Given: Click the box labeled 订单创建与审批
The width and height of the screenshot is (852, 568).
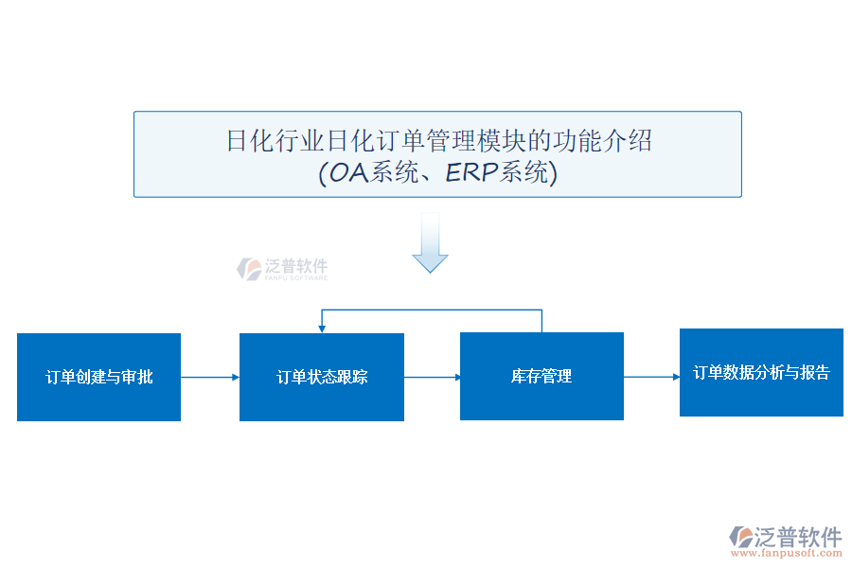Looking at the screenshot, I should click(x=98, y=377).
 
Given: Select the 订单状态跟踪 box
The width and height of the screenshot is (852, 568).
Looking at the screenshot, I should click(x=322, y=377).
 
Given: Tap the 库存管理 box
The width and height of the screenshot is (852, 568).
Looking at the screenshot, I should click(x=541, y=376).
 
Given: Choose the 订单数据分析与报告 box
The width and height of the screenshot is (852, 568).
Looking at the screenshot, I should click(x=761, y=372).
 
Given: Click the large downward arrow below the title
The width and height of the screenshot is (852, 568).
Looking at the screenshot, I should click(x=430, y=243).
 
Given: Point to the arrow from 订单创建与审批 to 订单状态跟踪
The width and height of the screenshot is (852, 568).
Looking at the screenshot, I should click(x=209, y=377).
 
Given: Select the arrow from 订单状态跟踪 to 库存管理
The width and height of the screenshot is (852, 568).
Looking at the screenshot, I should click(x=432, y=377).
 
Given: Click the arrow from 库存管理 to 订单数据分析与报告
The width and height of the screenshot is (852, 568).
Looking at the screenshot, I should click(x=651, y=377).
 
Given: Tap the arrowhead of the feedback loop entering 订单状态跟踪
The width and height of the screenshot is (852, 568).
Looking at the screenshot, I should click(x=322, y=328).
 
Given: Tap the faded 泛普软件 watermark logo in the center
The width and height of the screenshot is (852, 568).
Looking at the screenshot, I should click(x=282, y=269).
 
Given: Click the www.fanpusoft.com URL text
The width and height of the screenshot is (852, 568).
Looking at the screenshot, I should click(x=788, y=551).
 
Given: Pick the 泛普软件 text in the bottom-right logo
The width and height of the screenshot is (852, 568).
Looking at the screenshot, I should click(x=798, y=537).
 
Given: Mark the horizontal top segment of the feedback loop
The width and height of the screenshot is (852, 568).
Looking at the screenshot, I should click(x=432, y=310).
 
